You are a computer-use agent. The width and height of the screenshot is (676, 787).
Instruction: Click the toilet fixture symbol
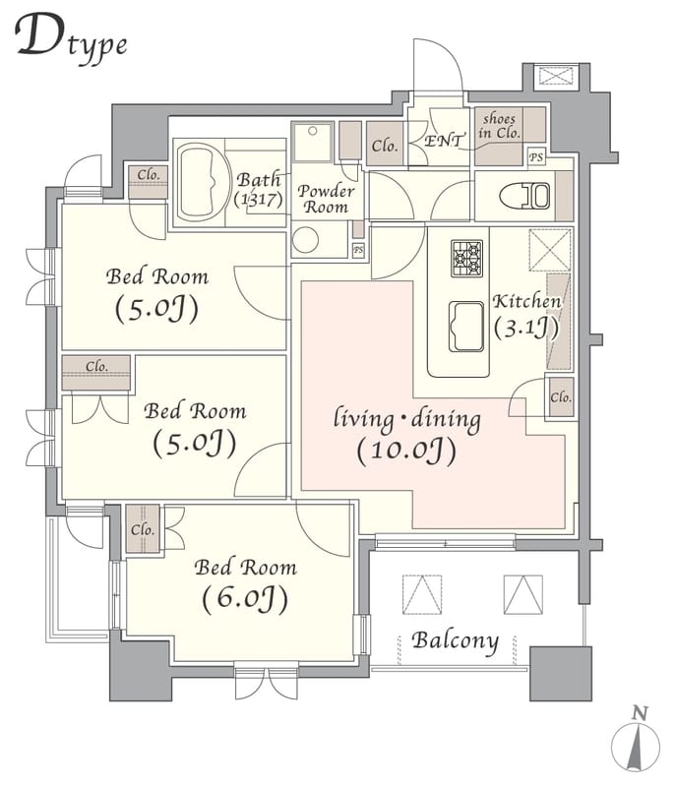pyautogui.click(x=524, y=195)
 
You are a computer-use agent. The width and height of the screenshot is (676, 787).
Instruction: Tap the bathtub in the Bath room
pyautogui.click(x=201, y=182)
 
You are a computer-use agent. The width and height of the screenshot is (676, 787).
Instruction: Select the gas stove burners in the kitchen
pyautogui.click(x=466, y=258)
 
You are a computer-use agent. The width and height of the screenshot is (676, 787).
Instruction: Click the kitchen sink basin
pyautogui.click(x=466, y=327)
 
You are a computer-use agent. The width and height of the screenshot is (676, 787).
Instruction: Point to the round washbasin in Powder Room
pyautogui.click(x=305, y=239)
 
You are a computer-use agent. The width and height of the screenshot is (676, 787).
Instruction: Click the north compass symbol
pyautogui.click(x=636, y=741)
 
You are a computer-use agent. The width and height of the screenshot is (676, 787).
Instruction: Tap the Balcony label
pyautogui.click(x=456, y=641)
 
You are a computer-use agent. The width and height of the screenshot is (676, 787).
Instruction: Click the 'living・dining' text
pyautogui.click(x=407, y=420)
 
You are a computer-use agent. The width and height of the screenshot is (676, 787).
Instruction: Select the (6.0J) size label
pyautogui.click(x=245, y=599)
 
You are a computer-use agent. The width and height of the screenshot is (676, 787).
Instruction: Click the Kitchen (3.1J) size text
pyautogui.click(x=526, y=329)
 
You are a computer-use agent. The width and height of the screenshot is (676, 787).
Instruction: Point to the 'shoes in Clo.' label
pyautogui.click(x=499, y=126)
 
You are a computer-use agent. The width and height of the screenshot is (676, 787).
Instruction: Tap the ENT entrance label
pyautogui.click(x=443, y=141)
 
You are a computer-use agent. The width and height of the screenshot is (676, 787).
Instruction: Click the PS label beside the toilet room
pyautogui.click(x=536, y=157)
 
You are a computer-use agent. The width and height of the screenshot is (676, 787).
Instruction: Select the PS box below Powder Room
pyautogui.click(x=358, y=250)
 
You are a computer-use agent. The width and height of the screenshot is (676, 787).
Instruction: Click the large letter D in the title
pyautogui.click(x=40, y=34)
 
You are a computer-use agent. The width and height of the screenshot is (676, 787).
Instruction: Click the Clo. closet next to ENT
pyautogui.click(x=385, y=144)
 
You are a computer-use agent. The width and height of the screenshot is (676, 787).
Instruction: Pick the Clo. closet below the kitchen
pyautogui.click(x=560, y=397)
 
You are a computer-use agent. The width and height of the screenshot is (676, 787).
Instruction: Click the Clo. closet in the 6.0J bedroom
pyautogui.click(x=143, y=529)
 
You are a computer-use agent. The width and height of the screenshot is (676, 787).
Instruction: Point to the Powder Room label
pyautogui.click(x=326, y=199)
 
